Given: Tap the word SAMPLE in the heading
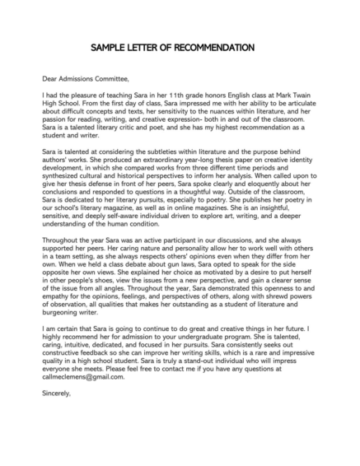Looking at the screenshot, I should coord(110,47).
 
